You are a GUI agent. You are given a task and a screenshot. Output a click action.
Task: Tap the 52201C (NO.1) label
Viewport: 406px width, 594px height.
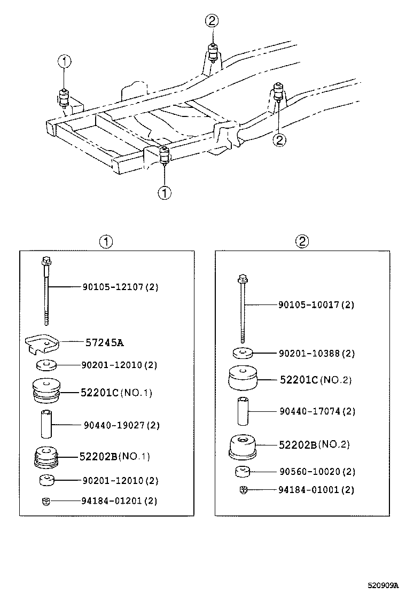point(116,393)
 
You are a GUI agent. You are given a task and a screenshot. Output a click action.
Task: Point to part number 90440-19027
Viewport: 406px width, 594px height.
point(121,425)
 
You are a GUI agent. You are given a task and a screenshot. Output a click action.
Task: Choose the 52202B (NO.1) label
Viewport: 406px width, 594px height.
point(114,456)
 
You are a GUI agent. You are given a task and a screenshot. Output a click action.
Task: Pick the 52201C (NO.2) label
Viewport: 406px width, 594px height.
point(316,380)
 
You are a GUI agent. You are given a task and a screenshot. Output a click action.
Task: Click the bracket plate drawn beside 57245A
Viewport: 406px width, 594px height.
point(41,343)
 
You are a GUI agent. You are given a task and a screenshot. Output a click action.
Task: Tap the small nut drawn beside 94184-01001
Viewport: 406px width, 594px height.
point(243,489)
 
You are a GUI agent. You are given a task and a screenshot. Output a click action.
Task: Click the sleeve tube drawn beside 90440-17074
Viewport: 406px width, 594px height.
point(243,411)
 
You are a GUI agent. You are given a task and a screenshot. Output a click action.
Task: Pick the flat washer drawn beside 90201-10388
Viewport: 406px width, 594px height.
point(243,353)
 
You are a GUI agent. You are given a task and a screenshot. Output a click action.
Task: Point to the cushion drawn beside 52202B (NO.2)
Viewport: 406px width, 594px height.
point(243,447)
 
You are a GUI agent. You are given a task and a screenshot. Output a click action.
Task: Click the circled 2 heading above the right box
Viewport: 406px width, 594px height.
point(302,241)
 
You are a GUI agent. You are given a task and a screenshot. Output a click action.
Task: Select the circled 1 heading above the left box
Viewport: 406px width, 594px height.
point(106,241)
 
